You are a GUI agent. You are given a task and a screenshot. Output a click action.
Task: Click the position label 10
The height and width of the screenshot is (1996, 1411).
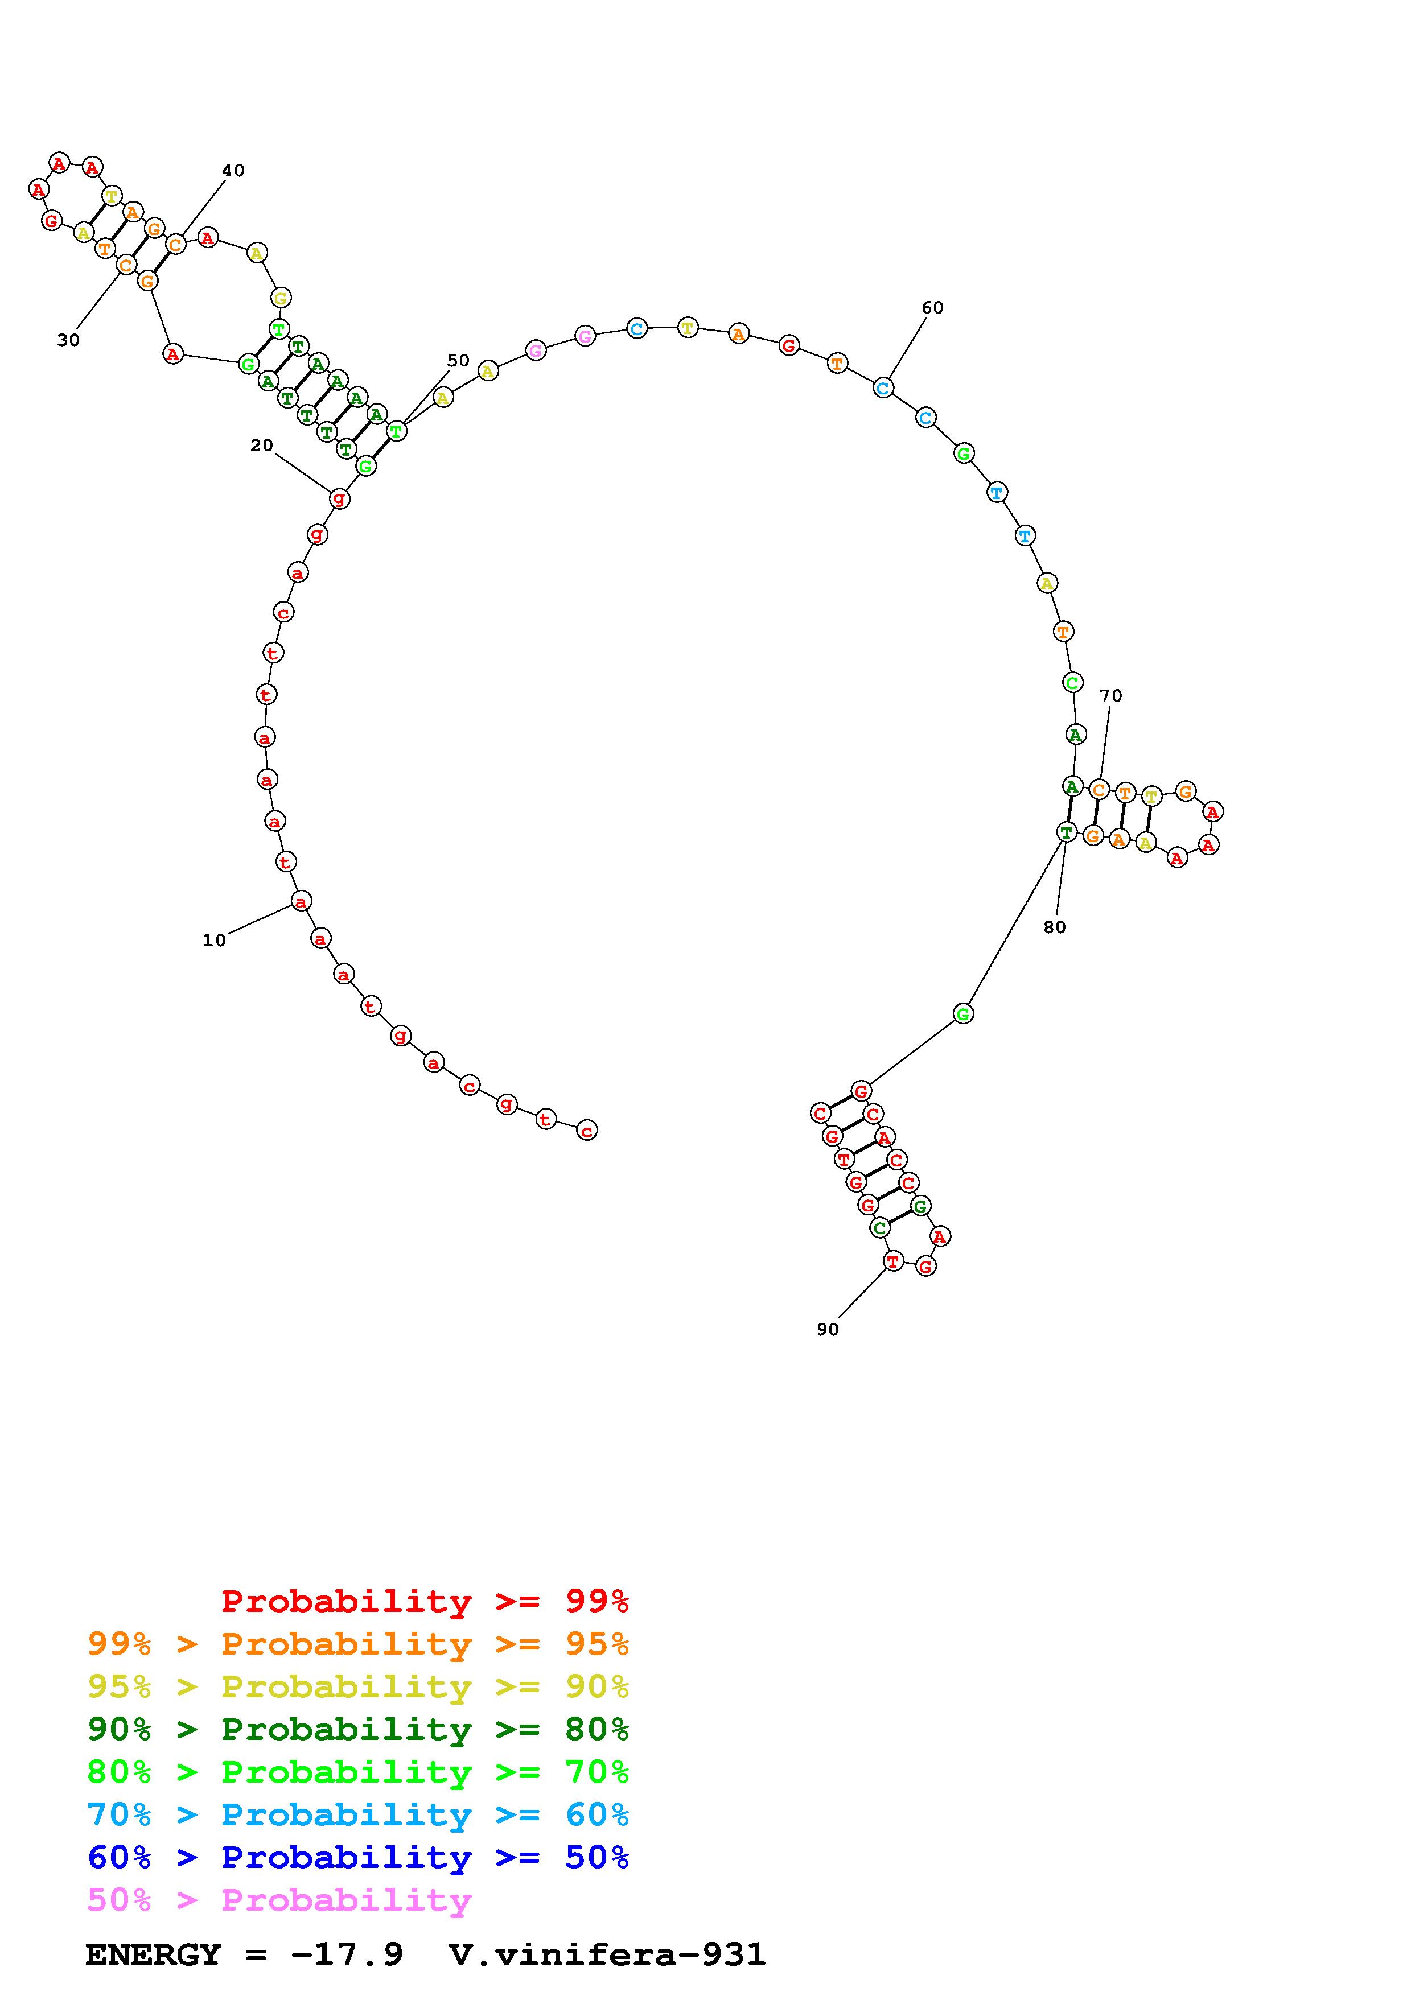click(x=214, y=940)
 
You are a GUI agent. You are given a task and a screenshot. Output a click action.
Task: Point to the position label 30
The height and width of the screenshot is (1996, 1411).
click(x=69, y=340)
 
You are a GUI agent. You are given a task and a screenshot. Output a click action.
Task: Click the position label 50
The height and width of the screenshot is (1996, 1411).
click(x=458, y=360)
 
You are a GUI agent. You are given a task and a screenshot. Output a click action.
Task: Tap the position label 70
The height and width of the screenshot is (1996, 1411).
click(x=1111, y=695)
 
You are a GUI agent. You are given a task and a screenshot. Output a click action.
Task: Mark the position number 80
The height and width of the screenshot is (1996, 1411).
click(x=1055, y=927)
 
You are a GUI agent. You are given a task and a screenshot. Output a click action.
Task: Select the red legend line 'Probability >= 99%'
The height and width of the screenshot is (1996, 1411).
click(x=425, y=1601)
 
